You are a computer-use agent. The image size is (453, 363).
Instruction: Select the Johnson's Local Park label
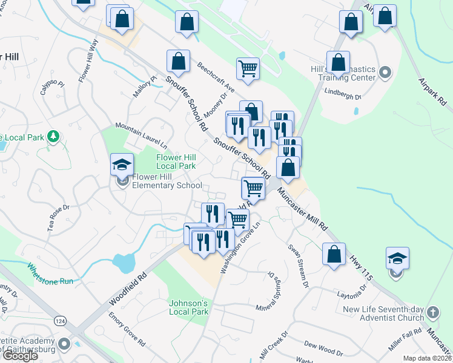coord(188,307)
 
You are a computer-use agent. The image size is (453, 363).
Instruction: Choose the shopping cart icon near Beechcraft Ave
coord(248,68)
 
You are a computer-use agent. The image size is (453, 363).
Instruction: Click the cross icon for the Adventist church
coord(432,313)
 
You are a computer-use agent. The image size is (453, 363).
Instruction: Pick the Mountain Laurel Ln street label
coord(141,136)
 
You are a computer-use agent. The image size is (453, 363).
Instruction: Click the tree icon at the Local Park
coord(55,137)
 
